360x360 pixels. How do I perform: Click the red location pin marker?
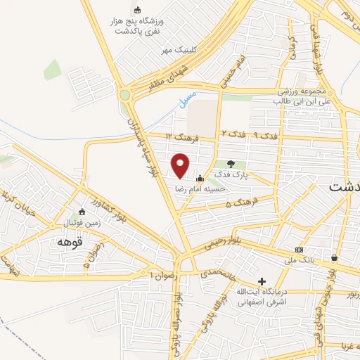pyautogui.click(x=181, y=165)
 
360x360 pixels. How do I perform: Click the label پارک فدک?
pyautogui.click(x=232, y=174)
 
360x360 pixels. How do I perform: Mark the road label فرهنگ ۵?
pyautogui.click(x=239, y=204)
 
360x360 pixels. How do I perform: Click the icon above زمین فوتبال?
pyautogui.click(x=82, y=212)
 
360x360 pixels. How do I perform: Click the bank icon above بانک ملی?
pyautogui.click(x=300, y=250)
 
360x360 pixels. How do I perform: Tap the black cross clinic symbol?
pyautogui.click(x=262, y=281)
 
